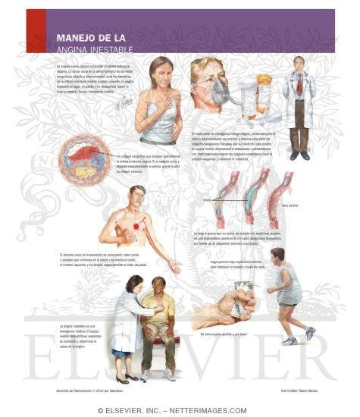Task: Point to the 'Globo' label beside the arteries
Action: [x=208, y=200]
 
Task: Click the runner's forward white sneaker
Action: [x=310, y=333]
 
